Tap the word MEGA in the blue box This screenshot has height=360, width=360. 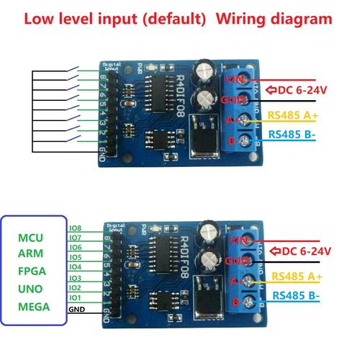[34, 307]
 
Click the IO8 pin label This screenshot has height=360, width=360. [75, 228]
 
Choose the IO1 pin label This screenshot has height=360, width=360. [75, 297]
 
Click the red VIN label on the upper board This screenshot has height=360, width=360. [235, 78]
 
